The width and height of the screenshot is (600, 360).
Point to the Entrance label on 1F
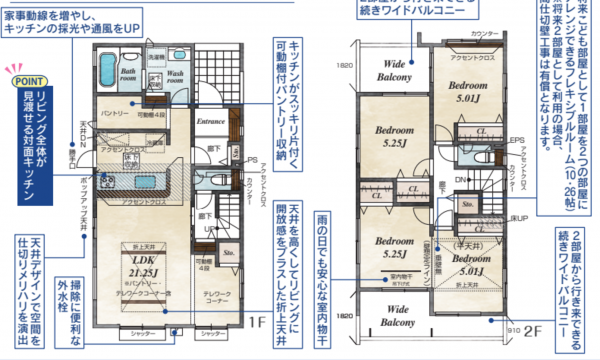[x=210, y=121]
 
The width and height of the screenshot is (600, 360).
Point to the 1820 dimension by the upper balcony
[x=346, y=64]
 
